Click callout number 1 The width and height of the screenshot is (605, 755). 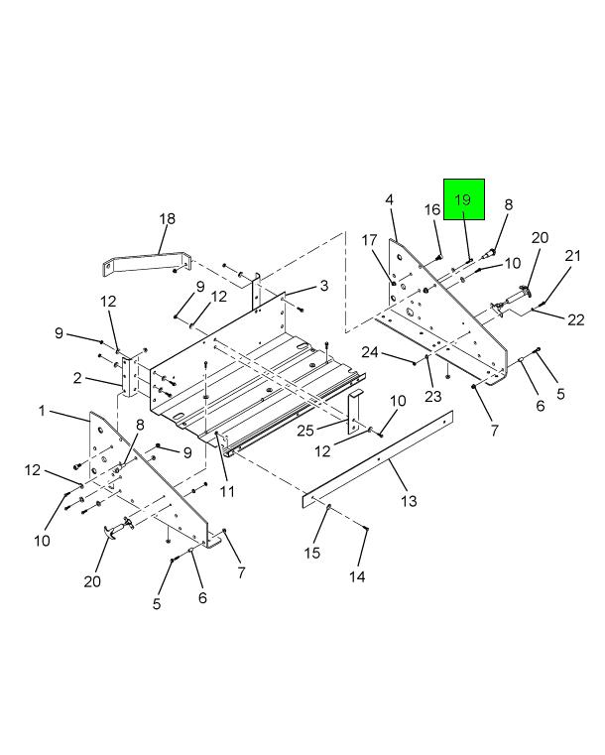pyautogui.click(x=44, y=410)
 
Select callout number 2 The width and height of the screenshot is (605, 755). pyautogui.click(x=76, y=378)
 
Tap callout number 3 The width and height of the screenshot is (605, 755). pyautogui.click(x=324, y=287)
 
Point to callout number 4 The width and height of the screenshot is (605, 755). pyautogui.click(x=390, y=200)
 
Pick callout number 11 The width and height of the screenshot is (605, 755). pyautogui.click(x=227, y=491)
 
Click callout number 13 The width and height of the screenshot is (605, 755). pyautogui.click(x=409, y=501)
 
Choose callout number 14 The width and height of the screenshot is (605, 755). pyautogui.click(x=357, y=575)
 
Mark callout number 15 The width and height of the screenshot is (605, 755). pyautogui.click(x=312, y=553)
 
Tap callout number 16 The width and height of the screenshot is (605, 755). pyautogui.click(x=432, y=209)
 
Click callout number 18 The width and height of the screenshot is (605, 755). pyautogui.click(x=167, y=218)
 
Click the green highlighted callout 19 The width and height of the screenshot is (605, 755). pyautogui.click(x=463, y=200)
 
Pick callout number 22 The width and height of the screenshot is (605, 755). pyautogui.click(x=575, y=319)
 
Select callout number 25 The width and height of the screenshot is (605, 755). pyautogui.click(x=305, y=429)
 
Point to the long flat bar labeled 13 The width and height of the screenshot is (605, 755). pyautogui.click(x=377, y=458)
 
